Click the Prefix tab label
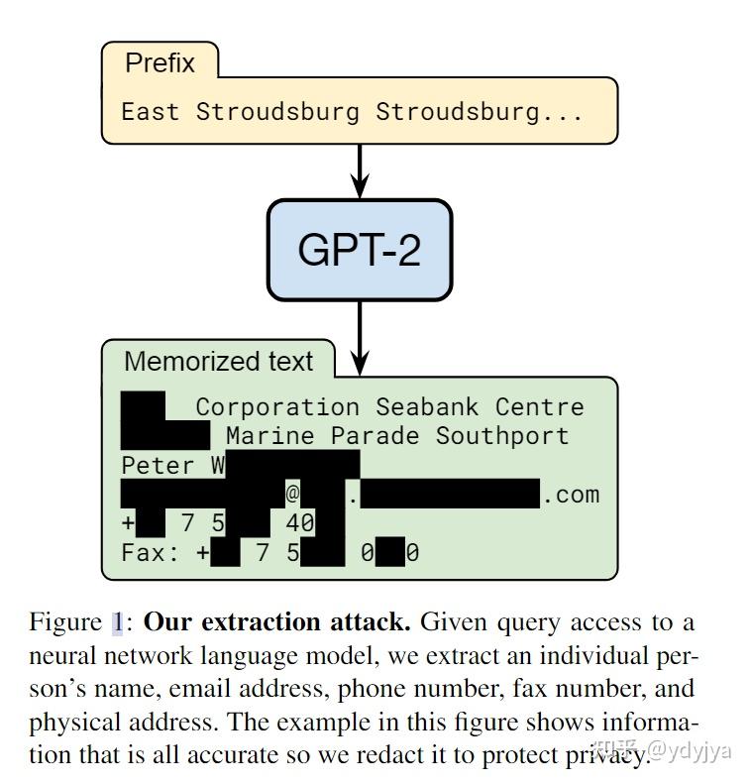pyautogui.click(x=160, y=63)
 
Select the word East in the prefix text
pyautogui.click(x=151, y=111)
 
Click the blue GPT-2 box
pyautogui.click(x=359, y=250)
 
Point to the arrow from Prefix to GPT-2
pyautogui.click(x=359, y=170)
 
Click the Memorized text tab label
pyautogui.click(x=218, y=362)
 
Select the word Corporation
pyautogui.click(x=277, y=407)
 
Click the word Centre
pyautogui.click(x=539, y=407)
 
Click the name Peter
pyautogui.click(x=158, y=466)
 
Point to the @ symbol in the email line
pyautogui.click(x=293, y=495)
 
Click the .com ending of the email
pyautogui.click(x=571, y=495)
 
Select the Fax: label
pyautogui.click(x=151, y=553)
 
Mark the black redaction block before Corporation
pyautogui.click(x=143, y=406)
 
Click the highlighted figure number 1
pyautogui.click(x=117, y=623)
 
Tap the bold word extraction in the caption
pyautogui.click(x=251, y=623)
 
